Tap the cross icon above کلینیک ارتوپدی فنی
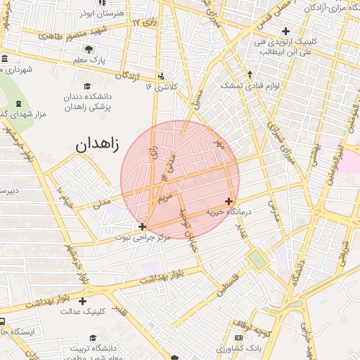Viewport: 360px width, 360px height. pyautogui.click(x=285, y=31)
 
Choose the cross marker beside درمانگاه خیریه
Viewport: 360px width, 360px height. pyautogui.click(x=229, y=201)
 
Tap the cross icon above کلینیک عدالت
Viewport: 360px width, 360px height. pyautogui.click(x=83, y=300)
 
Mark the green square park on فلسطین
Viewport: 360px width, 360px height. pyautogui.click(x=257, y=259)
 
